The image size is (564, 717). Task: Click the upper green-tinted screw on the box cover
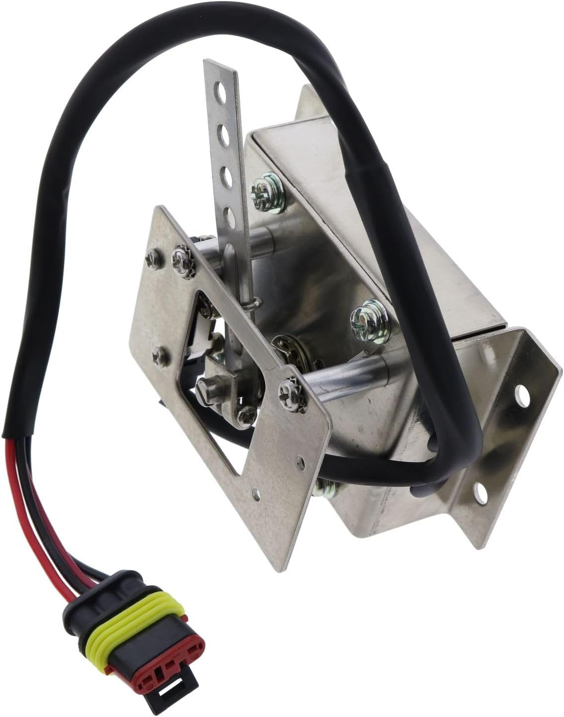pos(263,186)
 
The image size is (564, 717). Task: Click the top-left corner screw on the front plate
pos(151,258)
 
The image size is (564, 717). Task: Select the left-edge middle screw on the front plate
pos(159,356)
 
